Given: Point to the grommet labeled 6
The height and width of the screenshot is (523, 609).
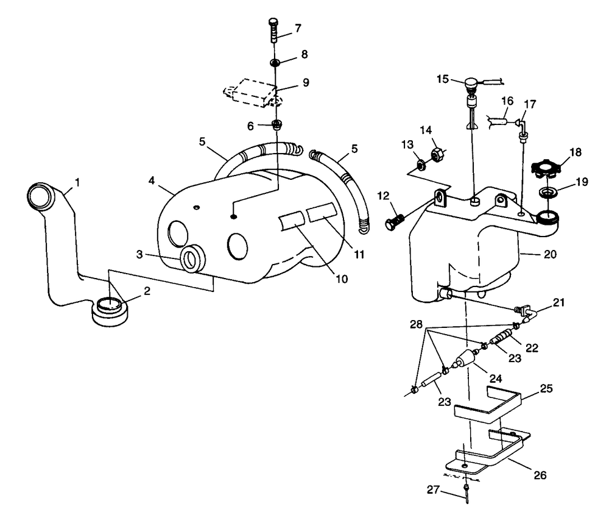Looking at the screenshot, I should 277,126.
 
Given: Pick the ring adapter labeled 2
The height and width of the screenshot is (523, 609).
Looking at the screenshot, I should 110,308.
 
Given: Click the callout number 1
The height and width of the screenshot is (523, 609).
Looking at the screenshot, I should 77,182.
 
